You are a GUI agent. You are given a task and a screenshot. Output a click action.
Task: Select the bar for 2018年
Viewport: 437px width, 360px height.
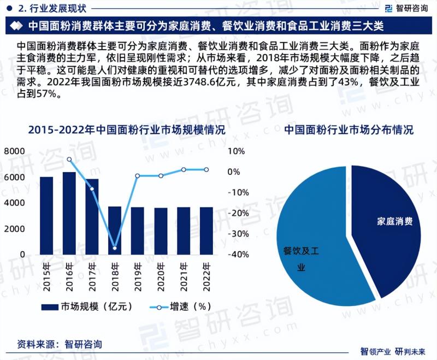(115, 230)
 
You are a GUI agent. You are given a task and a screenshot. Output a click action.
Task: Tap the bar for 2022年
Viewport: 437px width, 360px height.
(206, 231)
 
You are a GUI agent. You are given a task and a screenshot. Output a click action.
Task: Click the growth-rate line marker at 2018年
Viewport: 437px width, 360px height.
(115, 248)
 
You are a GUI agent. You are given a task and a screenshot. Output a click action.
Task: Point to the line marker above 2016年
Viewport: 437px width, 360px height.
(69, 160)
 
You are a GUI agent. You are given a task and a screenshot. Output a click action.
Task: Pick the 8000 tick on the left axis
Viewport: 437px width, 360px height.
(14, 151)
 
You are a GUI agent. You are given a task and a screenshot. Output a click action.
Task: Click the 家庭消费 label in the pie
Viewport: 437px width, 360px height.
(394, 222)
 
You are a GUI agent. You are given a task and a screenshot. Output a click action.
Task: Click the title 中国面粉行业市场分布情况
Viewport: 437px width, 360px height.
(349, 130)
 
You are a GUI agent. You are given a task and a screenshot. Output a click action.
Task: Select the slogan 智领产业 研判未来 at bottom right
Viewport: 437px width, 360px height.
(397, 351)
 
